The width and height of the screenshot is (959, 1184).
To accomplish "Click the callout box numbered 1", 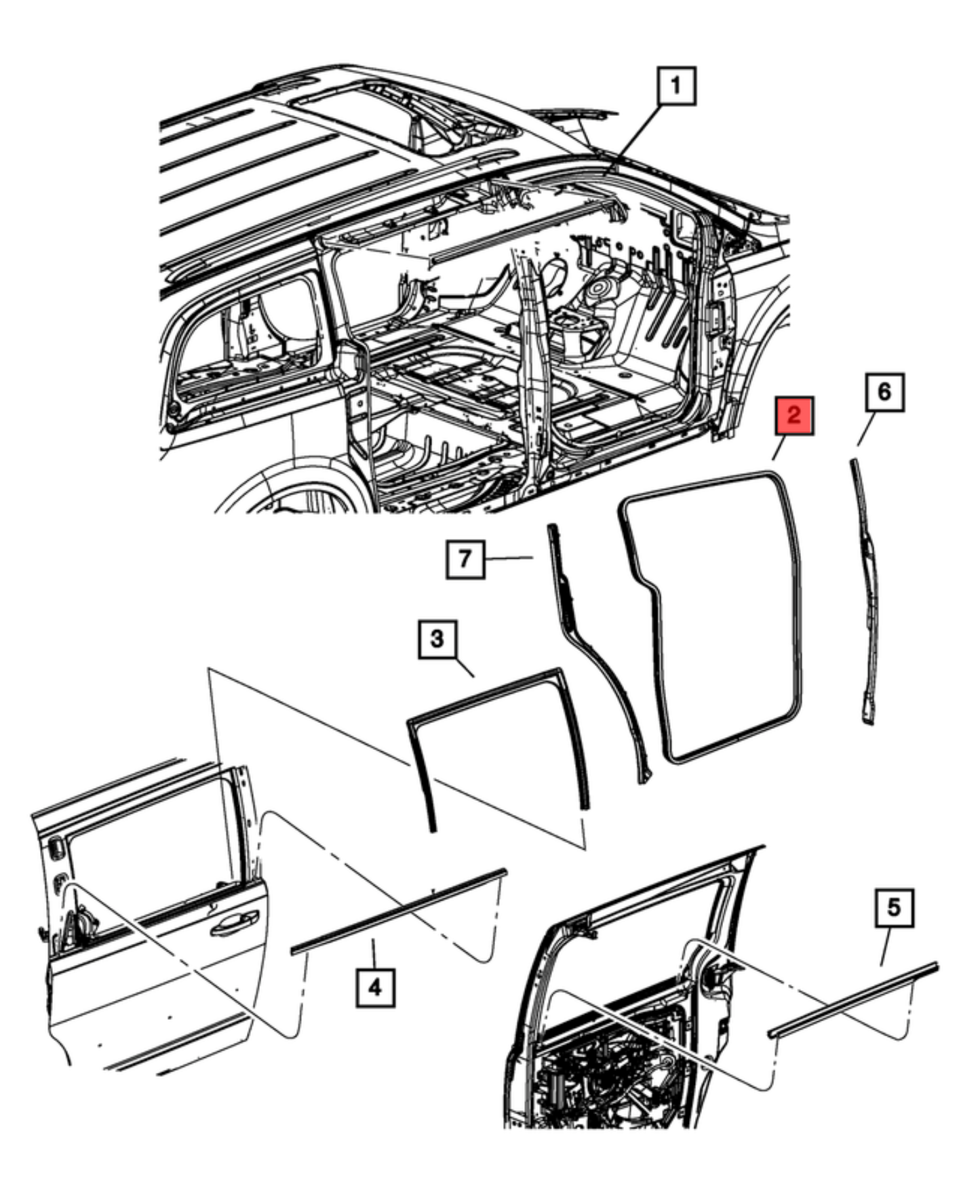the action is coord(676,85).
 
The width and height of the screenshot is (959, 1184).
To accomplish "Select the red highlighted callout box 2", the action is coord(794,416).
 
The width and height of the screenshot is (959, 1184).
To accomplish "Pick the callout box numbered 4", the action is coord(375,988).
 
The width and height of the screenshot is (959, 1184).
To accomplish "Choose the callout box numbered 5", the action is coord(895,908).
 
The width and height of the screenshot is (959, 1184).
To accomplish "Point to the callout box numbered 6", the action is coord(885,391).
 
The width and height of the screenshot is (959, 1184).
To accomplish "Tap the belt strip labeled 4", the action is coord(399,910).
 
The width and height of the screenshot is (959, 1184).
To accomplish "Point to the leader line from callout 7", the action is coord(509,559).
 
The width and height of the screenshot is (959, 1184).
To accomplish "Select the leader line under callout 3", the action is coord(463,667).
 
